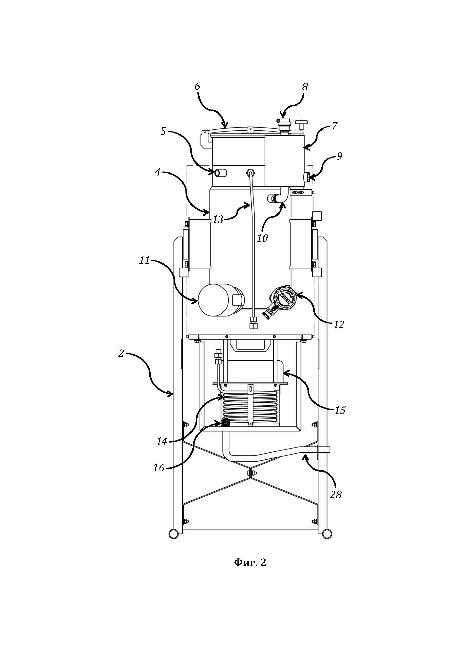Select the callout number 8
click(305, 87)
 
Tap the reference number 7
click(334, 126)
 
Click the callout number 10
click(262, 238)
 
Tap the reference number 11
click(145, 260)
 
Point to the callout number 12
click(339, 325)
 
